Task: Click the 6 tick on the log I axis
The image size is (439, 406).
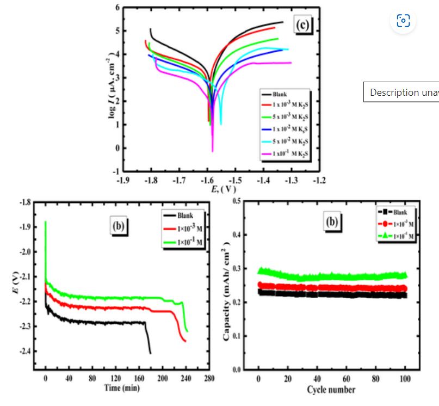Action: [x=116, y=8]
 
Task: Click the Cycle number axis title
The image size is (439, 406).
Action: [x=331, y=389]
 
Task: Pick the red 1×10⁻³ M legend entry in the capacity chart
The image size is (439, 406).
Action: [x=397, y=224]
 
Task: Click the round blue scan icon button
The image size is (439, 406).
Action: [x=403, y=21]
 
